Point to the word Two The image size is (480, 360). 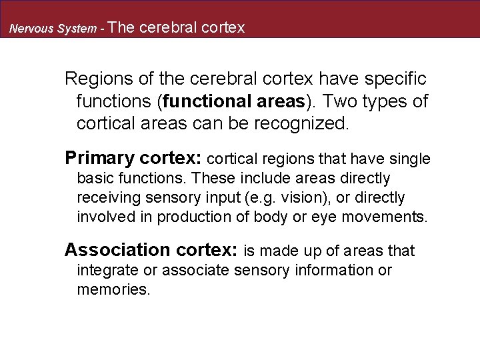341,101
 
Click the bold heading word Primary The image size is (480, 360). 99,159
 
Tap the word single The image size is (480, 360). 409,159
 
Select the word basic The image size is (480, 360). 95,179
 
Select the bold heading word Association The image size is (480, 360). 117,250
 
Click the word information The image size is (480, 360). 338,270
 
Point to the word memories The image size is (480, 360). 114,290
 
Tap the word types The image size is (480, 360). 388,101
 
